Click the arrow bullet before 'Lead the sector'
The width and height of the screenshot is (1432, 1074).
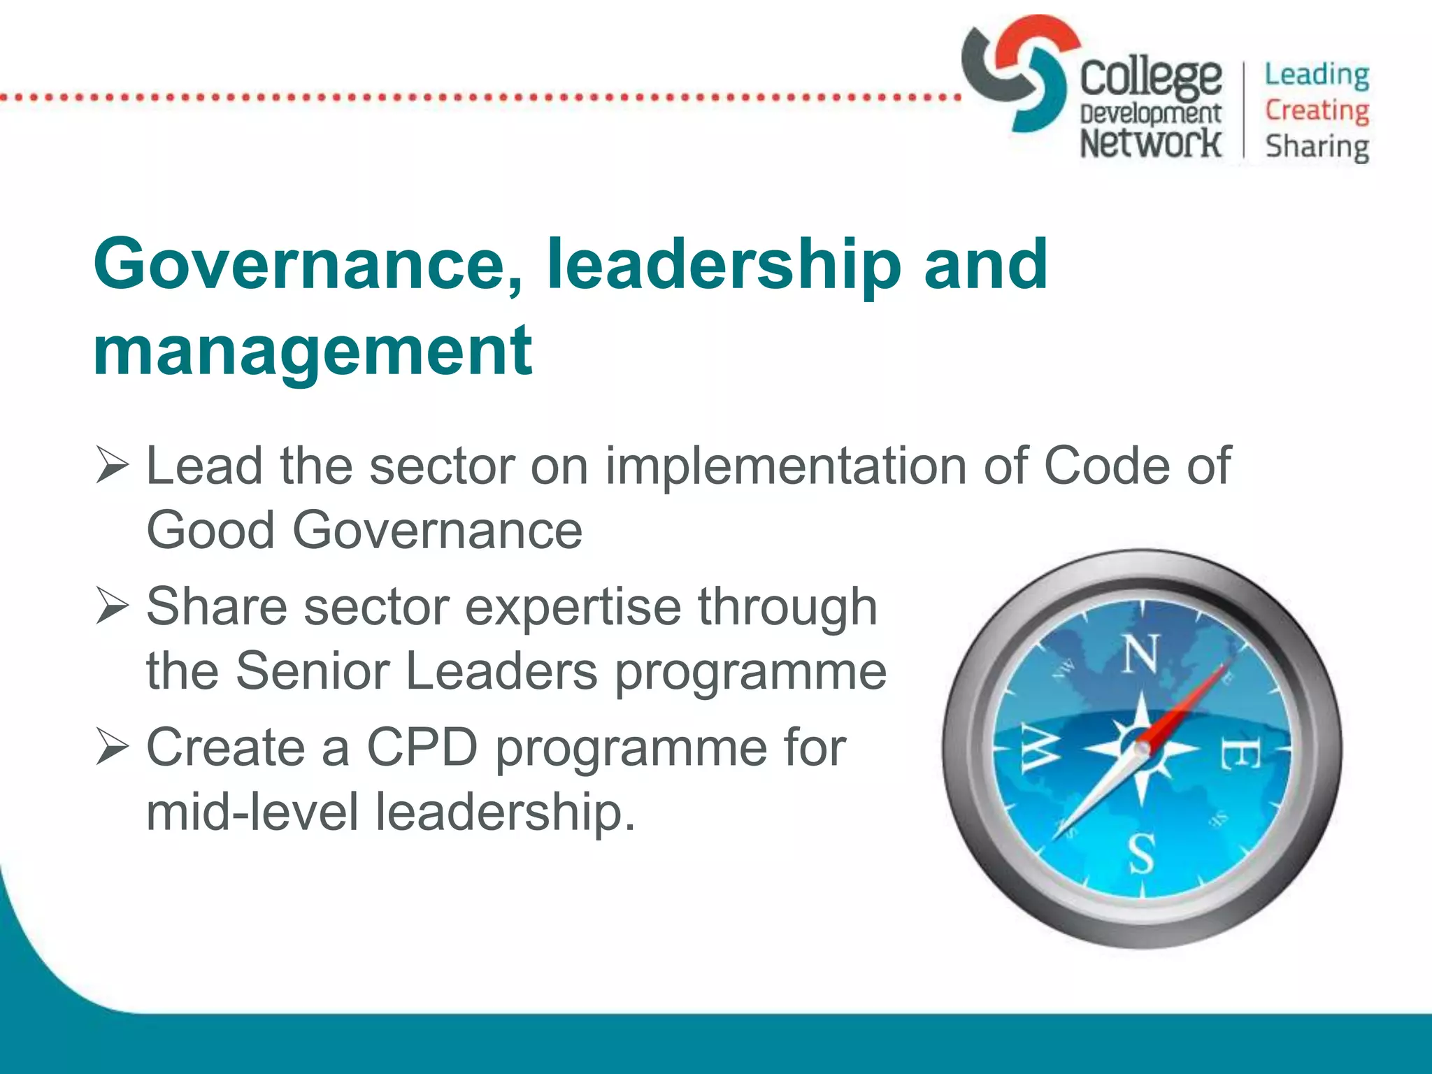(112, 466)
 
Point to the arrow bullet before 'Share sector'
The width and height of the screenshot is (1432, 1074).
(112, 606)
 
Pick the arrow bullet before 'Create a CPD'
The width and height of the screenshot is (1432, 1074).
(112, 747)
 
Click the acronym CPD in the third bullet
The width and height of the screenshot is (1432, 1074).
(422, 747)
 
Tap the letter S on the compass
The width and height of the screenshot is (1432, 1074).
(1141, 854)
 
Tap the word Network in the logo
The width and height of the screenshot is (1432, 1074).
(1150, 143)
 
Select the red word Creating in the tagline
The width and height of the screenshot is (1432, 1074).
(1317, 110)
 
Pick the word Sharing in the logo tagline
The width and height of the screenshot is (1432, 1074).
(1317, 147)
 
